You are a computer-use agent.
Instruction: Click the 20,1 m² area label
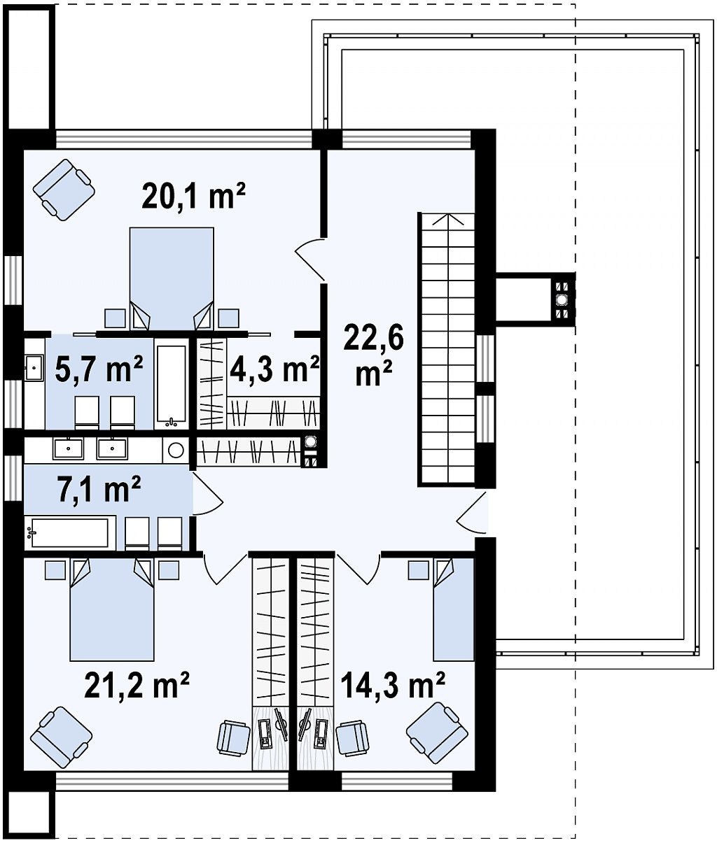pos(193,195)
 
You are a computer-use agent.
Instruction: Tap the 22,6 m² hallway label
pos(373,355)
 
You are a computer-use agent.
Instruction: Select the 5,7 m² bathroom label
pos(99,368)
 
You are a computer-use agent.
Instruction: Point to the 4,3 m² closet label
pos(274,368)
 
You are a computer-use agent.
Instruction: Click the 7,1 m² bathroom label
pos(99,490)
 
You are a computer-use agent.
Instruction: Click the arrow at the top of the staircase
pos(448,220)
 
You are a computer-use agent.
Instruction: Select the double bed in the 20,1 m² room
pos(172,278)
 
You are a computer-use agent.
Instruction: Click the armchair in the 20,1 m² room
pos(64,190)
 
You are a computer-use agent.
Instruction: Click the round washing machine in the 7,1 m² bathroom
pos(176,451)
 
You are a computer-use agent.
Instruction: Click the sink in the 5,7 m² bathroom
pos(34,367)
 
